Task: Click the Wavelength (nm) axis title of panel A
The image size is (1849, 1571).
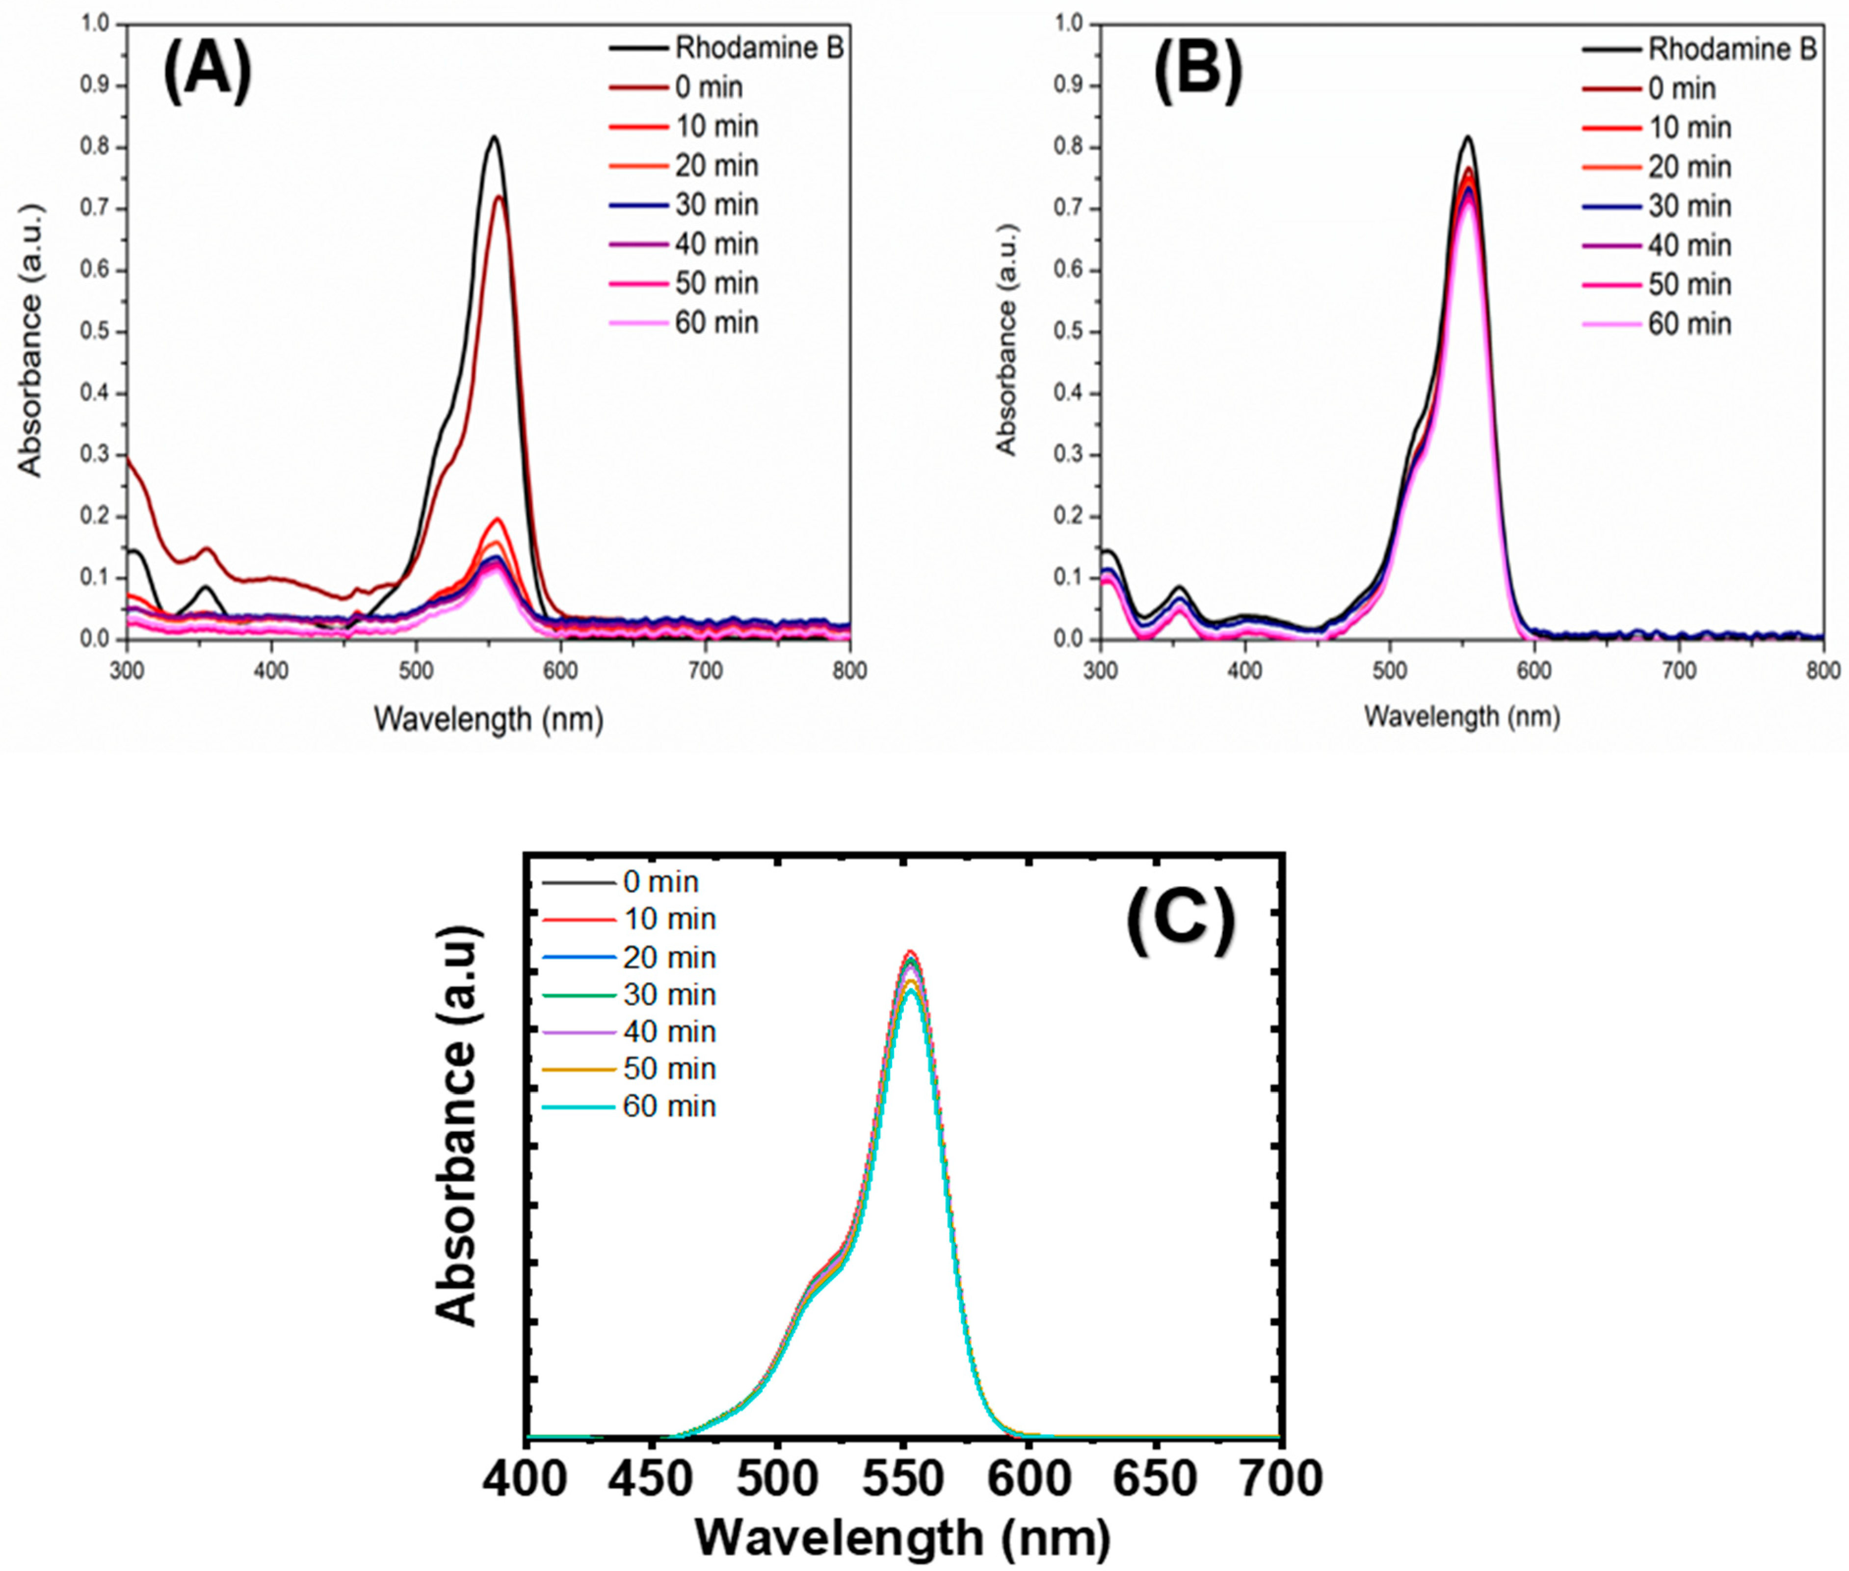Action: tap(488, 718)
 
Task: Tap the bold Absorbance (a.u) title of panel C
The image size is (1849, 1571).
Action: tap(459, 1126)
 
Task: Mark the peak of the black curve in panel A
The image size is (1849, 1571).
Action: tap(493, 137)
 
